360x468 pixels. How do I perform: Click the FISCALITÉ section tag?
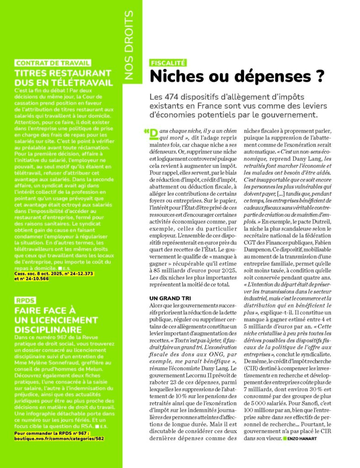pos(168,64)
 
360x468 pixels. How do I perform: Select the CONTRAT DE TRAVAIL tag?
pos(53,64)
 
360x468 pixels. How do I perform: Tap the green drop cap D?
pos(154,134)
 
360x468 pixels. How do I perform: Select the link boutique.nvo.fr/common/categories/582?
pos(59,438)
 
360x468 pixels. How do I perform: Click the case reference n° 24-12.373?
pos(79,273)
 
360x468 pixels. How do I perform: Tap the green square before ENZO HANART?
pos(285,439)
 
